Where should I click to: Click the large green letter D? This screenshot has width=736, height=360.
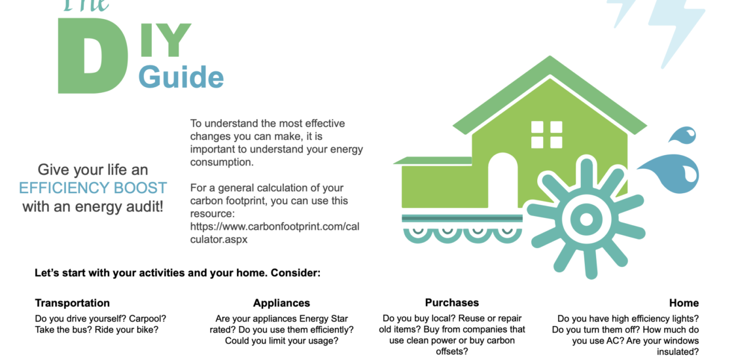[92, 56]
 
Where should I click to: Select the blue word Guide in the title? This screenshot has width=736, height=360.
[181, 77]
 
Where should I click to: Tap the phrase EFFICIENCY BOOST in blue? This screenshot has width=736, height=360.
[93, 188]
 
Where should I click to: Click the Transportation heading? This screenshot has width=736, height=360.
[72, 303]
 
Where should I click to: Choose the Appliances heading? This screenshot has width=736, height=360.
[281, 303]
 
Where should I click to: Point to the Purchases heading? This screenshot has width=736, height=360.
[452, 302]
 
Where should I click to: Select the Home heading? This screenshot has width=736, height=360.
[684, 303]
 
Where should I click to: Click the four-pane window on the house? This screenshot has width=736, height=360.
[547, 135]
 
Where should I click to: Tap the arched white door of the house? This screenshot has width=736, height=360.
[502, 180]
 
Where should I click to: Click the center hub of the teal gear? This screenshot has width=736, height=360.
[586, 219]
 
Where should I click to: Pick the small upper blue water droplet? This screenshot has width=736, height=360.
[682, 135]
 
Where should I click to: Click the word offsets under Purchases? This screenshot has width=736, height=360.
[452, 351]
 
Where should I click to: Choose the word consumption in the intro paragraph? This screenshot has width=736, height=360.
[222, 162]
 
